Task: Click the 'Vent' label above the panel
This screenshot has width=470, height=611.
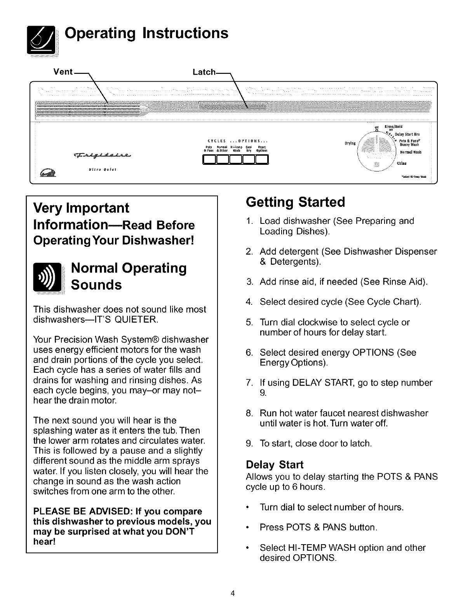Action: tap(63, 72)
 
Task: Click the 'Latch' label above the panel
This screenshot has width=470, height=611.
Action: tap(204, 72)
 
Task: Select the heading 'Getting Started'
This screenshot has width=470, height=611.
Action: tap(296, 202)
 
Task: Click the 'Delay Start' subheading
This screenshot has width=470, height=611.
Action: tap(275, 464)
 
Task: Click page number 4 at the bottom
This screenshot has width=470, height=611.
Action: tap(232, 593)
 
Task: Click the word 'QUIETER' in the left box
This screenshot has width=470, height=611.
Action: tap(138, 320)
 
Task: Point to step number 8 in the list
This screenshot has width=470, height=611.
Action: tap(249, 413)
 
